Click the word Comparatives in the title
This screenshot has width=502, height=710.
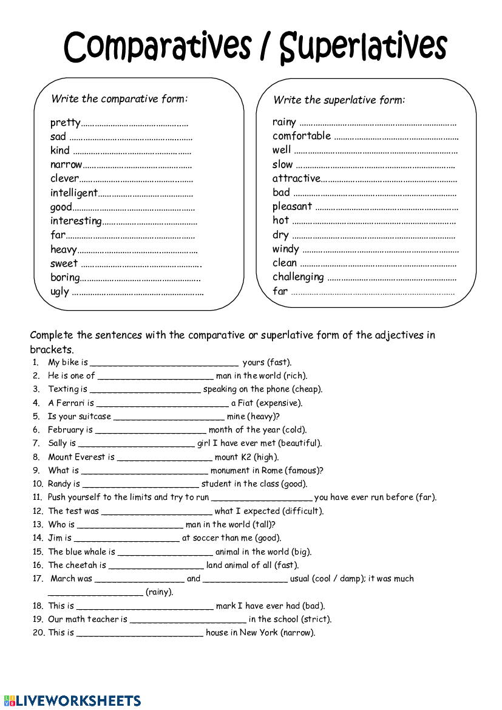(157, 47)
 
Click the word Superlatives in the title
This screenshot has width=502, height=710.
(363, 47)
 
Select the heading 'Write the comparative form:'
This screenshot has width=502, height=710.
(120, 98)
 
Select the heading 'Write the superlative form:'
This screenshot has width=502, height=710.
(339, 100)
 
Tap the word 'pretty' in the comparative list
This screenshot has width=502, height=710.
(65, 123)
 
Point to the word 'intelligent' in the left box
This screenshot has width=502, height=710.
(73, 193)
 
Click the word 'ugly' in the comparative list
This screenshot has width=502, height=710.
(59, 292)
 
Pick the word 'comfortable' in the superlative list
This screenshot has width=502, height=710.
(302, 136)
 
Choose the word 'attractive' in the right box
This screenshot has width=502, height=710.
(296, 179)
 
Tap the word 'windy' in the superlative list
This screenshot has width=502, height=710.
(286, 249)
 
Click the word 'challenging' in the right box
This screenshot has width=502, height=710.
(298, 277)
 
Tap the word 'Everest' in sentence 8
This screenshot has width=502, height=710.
(90, 457)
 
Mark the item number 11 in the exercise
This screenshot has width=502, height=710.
(37, 497)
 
